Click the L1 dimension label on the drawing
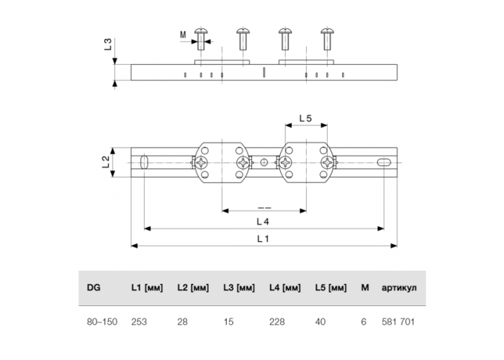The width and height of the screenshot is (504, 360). (263, 239)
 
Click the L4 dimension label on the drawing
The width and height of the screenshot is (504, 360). (263, 222)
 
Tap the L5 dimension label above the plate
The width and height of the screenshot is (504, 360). (306, 119)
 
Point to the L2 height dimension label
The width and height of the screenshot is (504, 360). (106, 162)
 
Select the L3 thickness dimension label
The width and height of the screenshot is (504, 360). (108, 44)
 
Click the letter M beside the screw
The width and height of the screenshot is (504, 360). (183, 35)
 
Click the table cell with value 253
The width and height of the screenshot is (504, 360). (139, 322)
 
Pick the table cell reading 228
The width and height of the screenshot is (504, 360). (277, 322)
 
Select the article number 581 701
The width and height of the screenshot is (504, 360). (398, 322)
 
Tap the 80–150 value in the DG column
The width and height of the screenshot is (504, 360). (102, 322)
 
